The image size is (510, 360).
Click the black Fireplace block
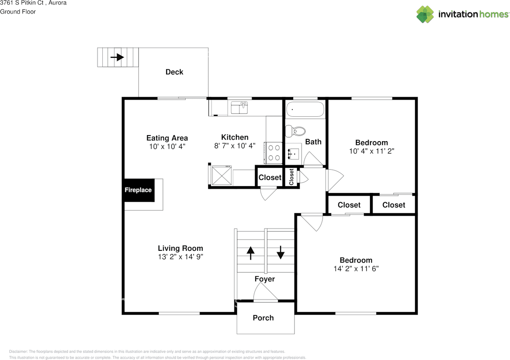pyautogui.click(x=138, y=190)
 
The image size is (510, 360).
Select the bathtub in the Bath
pyautogui.click(x=305, y=108)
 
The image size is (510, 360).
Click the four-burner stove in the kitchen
pyautogui.click(x=274, y=152)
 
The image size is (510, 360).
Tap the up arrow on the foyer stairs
pyautogui.click(x=251, y=253)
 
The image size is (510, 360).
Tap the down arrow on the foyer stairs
pyautogui.click(x=280, y=252)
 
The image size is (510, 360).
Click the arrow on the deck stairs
pyautogui.click(x=117, y=57)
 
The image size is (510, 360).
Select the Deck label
pyautogui.click(x=174, y=72)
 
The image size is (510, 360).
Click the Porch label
pyautogui.click(x=263, y=318)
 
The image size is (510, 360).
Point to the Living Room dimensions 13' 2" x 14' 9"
pyautogui.click(x=180, y=257)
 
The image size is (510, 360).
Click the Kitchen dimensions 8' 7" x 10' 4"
pyautogui.click(x=235, y=146)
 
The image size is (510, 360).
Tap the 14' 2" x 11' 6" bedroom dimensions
pyautogui.click(x=356, y=269)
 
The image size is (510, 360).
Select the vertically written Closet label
pyautogui.click(x=292, y=177)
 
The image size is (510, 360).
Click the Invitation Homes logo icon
pyautogui.click(x=425, y=14)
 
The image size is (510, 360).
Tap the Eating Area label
pyautogui.click(x=167, y=138)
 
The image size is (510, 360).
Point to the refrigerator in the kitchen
pyautogui.click(x=222, y=175)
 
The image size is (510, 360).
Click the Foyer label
pyautogui.click(x=265, y=279)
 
